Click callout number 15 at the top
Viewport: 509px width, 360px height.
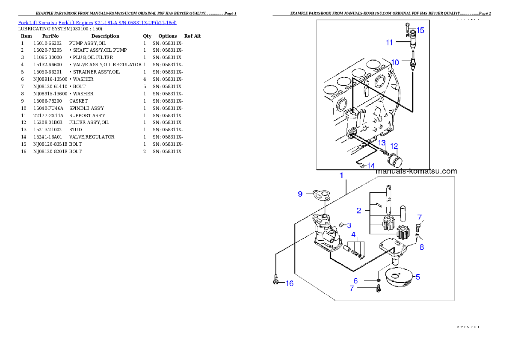[420, 30]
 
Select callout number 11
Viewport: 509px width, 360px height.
[389, 42]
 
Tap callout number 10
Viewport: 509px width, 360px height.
[395, 62]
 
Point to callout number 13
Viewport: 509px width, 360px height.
[382, 142]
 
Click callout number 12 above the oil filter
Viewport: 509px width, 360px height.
[394, 146]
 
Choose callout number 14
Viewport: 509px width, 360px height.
[370, 165]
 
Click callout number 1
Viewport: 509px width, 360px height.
[341, 176]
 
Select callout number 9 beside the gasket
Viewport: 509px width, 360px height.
[300, 194]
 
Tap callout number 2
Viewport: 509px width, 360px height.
[359, 210]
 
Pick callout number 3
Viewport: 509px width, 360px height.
[349, 225]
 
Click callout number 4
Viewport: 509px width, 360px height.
[353, 234]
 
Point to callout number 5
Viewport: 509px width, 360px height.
[417, 277]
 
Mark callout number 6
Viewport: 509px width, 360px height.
[355, 280]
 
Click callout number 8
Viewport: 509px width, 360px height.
[422, 247]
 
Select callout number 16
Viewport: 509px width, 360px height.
[290, 283]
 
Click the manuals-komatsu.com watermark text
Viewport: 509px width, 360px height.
[416, 171]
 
